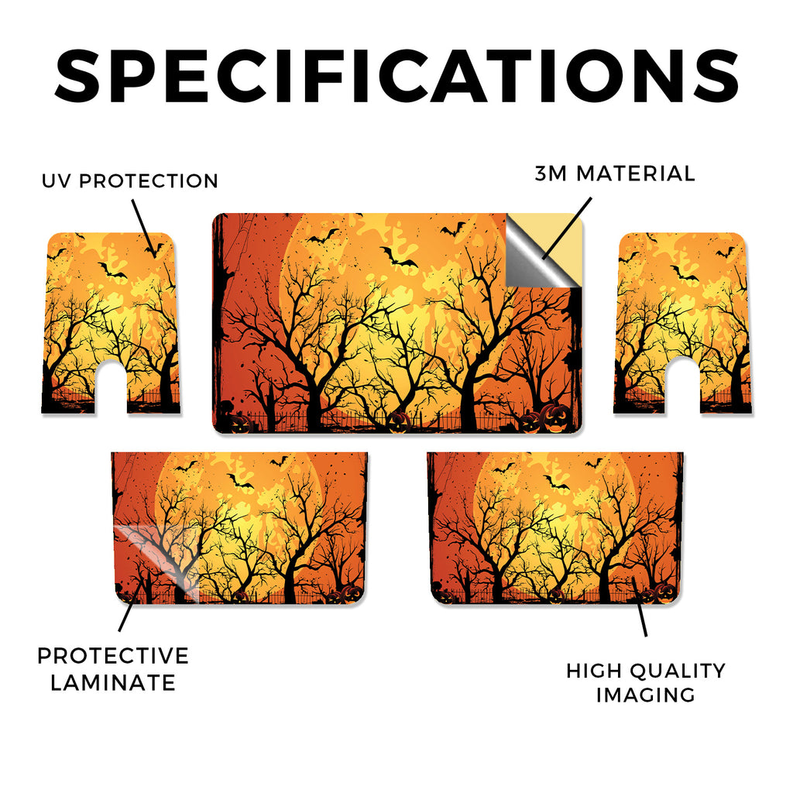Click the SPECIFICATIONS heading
pyautogui.click(x=396, y=76)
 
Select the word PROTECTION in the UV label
pyautogui.click(x=149, y=181)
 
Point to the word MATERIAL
pyautogui.click(x=636, y=173)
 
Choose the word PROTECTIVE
pyautogui.click(x=113, y=656)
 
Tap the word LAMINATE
pyautogui.click(x=113, y=683)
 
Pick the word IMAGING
pyautogui.click(x=646, y=695)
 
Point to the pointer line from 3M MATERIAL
pyautogui.click(x=567, y=228)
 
